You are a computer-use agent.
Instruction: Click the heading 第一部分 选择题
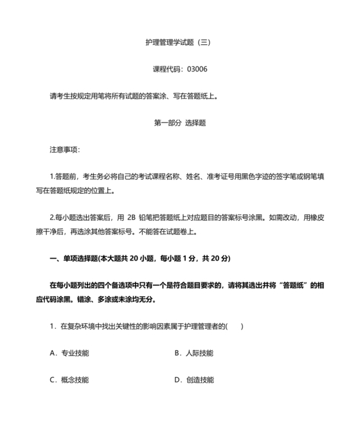click(x=179, y=122)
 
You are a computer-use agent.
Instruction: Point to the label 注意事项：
click(x=65, y=149)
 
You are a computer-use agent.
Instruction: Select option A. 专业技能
click(x=69, y=353)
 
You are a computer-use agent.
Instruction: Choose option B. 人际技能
click(x=194, y=353)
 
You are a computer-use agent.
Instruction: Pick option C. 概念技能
click(x=69, y=380)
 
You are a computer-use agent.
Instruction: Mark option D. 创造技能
click(x=194, y=380)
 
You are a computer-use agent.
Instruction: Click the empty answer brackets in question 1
click(x=235, y=326)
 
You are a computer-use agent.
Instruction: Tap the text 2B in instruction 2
click(x=132, y=218)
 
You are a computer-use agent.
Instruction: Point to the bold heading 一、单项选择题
click(x=71, y=258)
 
